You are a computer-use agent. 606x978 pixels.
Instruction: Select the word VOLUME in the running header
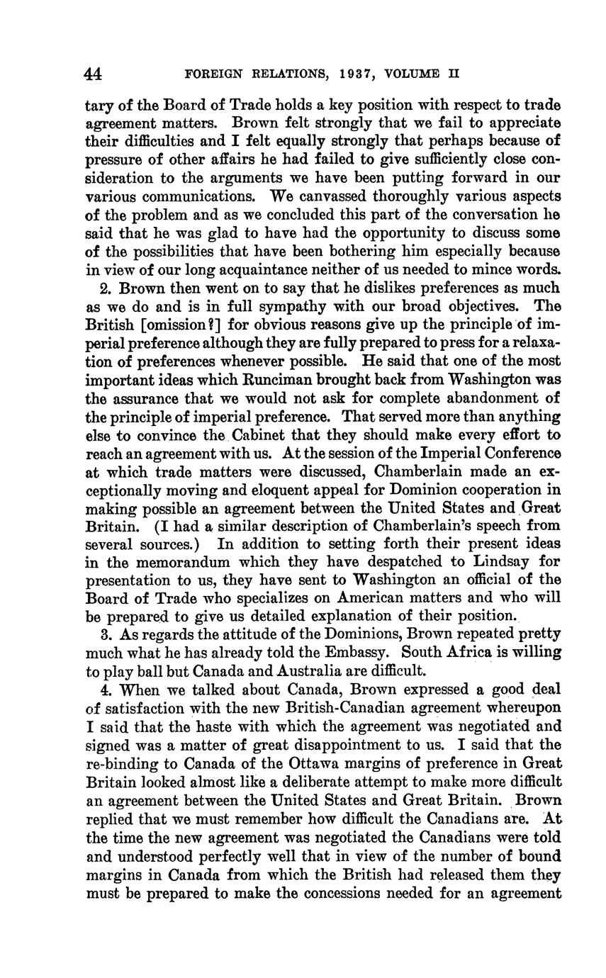click(x=415, y=73)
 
